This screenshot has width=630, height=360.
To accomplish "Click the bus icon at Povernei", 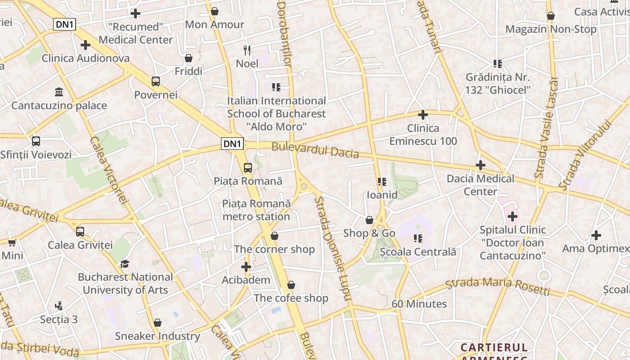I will [x=156, y=81].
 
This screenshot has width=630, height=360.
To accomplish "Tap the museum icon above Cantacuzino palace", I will [x=59, y=92].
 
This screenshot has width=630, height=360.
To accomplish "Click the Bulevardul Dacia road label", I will [x=315, y=150].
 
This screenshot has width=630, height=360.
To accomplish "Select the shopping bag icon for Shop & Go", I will [x=369, y=220].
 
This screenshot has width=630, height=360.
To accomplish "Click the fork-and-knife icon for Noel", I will [x=247, y=50].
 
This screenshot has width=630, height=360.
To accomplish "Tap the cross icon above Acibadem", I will [x=246, y=267].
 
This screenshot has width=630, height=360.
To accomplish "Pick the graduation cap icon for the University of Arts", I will [x=125, y=264].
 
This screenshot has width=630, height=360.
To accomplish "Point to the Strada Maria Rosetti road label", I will [x=497, y=287].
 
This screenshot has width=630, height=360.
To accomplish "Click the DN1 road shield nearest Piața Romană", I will [x=233, y=144].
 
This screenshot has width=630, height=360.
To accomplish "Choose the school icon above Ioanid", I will [x=382, y=182].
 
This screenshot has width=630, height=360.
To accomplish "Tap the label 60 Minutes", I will [x=419, y=304].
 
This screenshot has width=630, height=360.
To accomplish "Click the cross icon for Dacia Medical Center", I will [x=481, y=165].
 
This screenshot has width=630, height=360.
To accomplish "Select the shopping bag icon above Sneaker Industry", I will [x=157, y=323].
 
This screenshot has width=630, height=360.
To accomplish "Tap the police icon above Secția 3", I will [x=58, y=306].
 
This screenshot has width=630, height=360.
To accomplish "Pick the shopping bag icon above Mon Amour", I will [x=215, y=11].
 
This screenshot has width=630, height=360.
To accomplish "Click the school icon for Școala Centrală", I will [x=418, y=238].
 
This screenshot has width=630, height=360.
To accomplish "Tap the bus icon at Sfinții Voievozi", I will [x=36, y=141].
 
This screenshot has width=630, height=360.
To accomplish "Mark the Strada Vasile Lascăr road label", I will [x=546, y=127].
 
